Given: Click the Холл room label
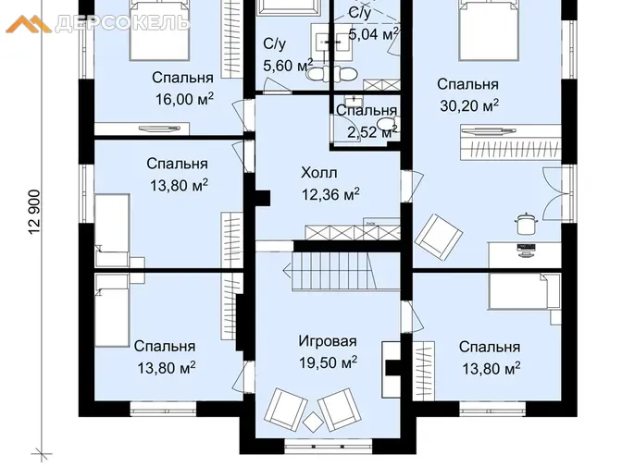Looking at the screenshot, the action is click(319, 173).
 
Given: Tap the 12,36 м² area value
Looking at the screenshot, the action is click(330, 194).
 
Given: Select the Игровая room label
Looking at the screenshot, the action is click(328, 341).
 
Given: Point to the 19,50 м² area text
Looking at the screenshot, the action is click(328, 362).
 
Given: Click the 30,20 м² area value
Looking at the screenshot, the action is click(469, 105).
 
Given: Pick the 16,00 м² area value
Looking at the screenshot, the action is click(184, 99).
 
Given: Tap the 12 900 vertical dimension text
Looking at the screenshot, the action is click(34, 213).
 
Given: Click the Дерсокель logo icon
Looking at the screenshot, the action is click(29, 24).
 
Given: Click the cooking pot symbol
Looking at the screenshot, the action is click(526, 224).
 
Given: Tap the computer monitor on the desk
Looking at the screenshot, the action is click(526, 250).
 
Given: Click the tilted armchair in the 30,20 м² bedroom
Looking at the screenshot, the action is click(439, 237).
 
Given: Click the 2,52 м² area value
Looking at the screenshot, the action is click(372, 131).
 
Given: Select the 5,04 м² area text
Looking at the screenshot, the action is click(373, 34).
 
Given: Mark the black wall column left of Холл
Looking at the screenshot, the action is click(263, 198).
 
